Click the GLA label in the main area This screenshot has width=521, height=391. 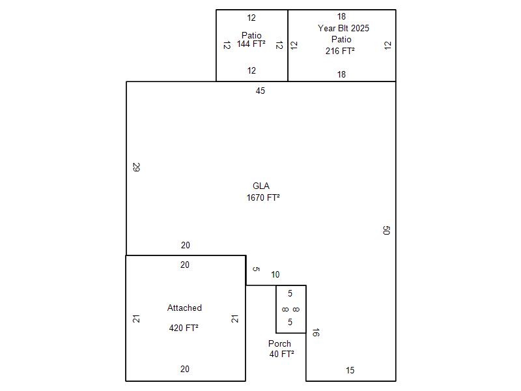point(261,186)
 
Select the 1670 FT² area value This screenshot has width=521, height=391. point(263,197)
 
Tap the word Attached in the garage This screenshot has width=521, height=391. point(184,308)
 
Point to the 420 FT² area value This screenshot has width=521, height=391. point(184,328)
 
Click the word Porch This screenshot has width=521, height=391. point(279,343)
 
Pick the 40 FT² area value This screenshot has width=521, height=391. point(281,354)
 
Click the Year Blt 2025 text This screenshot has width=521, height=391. point(343,28)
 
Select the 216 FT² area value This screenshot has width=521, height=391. point(340,51)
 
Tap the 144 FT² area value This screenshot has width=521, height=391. point(251,44)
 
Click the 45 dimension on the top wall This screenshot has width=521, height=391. point(260,91)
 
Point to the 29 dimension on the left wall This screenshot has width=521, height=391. point(136,167)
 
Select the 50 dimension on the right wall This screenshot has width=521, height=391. point(386,230)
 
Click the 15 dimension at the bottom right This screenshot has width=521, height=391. point(350,370)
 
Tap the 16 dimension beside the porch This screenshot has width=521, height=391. point(316,332)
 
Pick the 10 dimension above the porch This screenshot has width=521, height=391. point(275,274)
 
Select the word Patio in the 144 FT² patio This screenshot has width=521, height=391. point(251,35)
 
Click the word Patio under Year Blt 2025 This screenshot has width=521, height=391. point(341,40)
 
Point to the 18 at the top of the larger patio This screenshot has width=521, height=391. point(341,17)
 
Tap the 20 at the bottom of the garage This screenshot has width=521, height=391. point(185,369)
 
